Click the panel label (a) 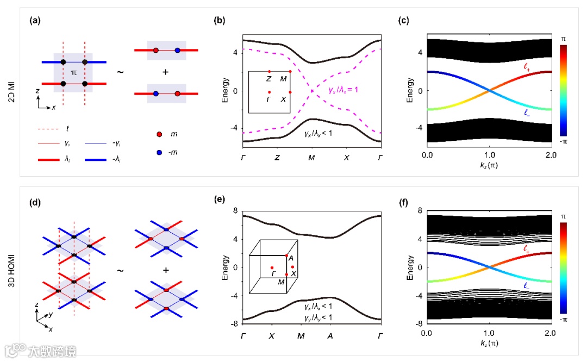(x=34, y=22)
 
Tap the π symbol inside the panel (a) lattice (x=74, y=72)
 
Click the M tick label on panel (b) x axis (x=311, y=157)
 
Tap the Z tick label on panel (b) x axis (x=277, y=157)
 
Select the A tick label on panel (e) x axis (x=329, y=336)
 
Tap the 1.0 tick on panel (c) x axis (x=489, y=155)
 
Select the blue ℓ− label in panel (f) (x=525, y=284)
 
